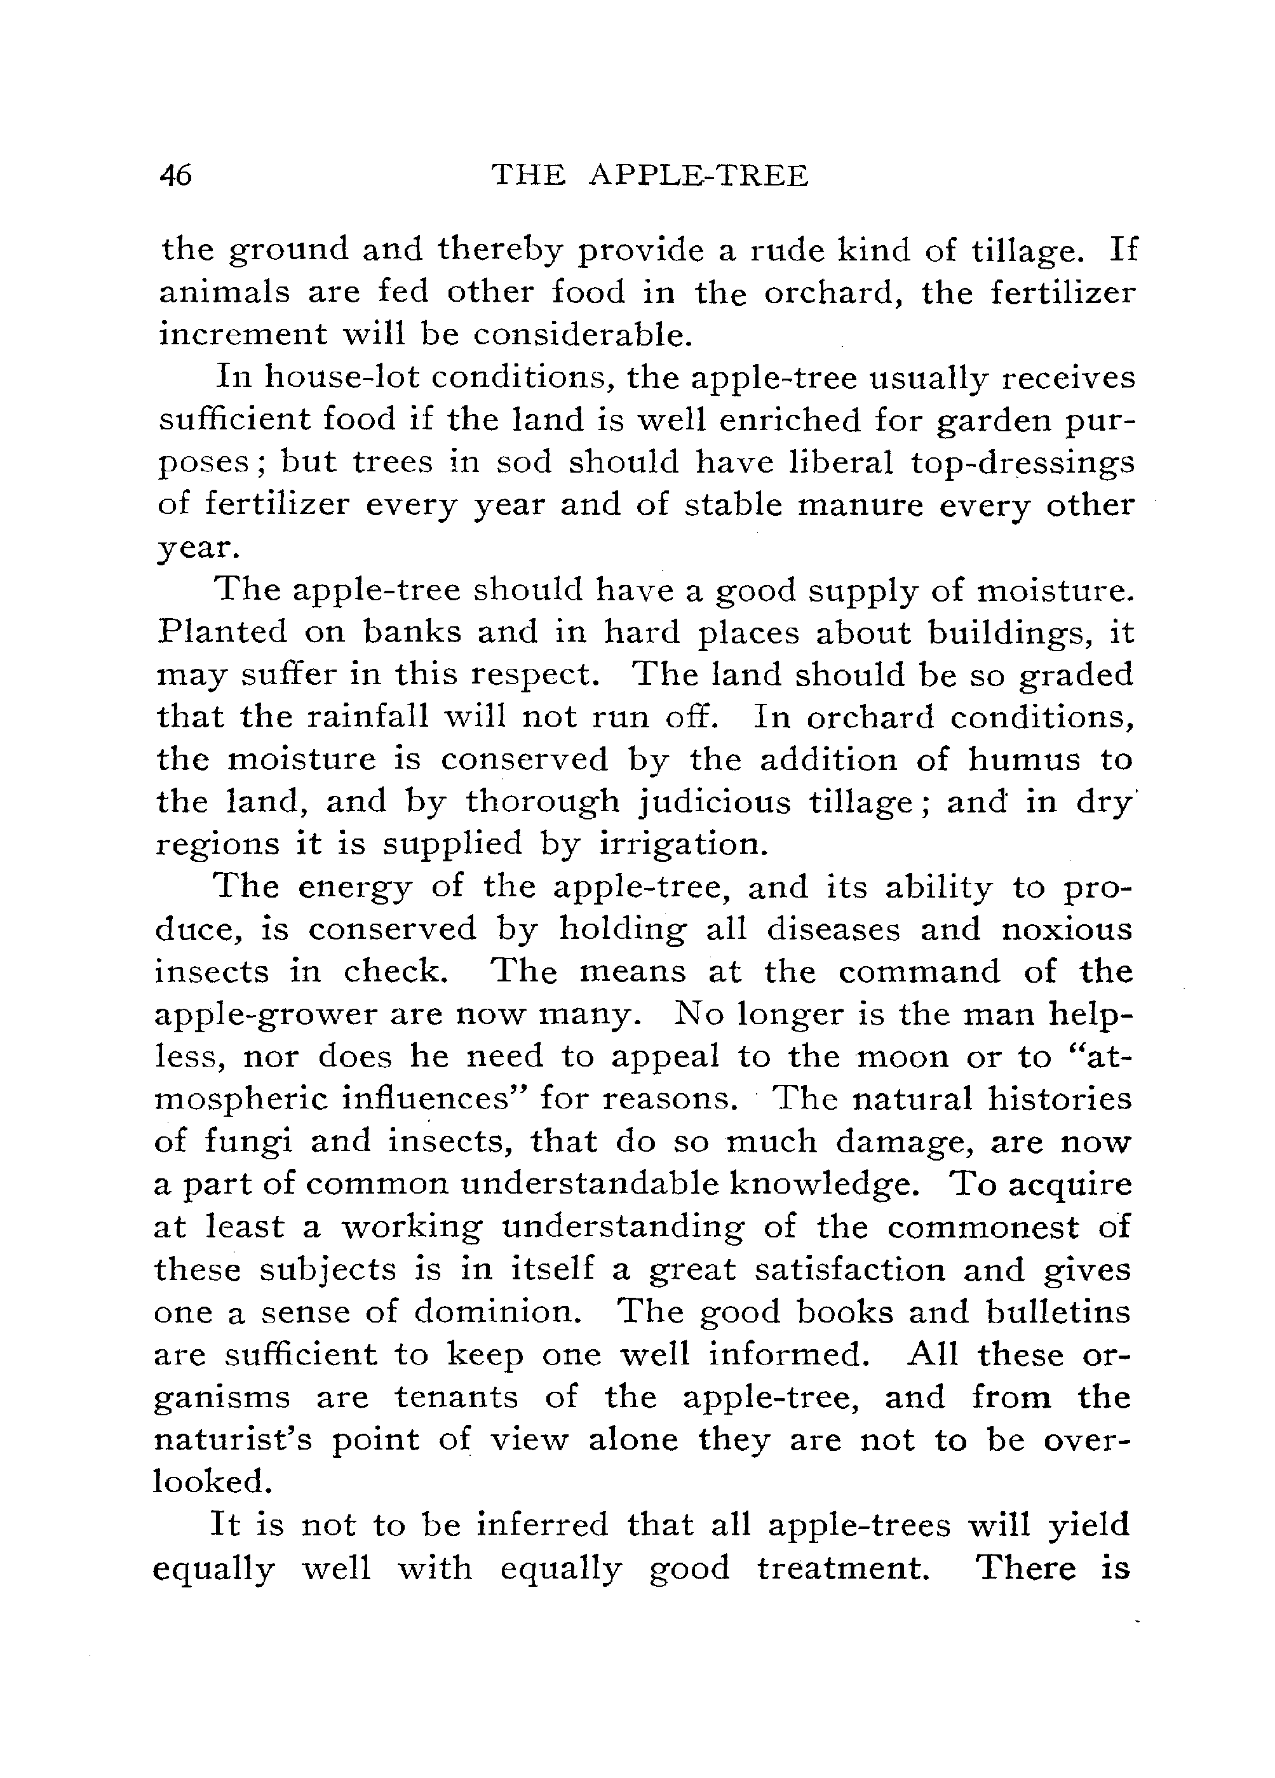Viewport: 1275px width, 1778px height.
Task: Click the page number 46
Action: [175, 175]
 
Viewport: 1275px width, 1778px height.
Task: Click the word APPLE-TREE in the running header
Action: [697, 175]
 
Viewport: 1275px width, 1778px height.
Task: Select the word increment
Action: [241, 335]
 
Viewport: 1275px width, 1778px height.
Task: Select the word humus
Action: [1023, 759]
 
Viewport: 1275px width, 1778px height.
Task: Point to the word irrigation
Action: [679, 844]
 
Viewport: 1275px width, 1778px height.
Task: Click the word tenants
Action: [455, 1397]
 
